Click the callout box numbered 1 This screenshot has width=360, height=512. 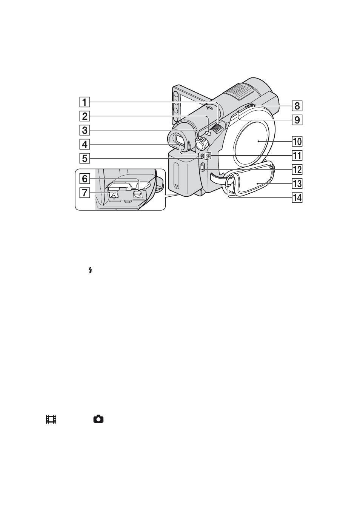85,102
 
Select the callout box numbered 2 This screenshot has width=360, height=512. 85,116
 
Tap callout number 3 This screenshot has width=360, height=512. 85,130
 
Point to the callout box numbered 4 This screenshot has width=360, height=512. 85,144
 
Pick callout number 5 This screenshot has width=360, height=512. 85,158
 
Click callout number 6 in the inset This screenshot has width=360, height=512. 85,179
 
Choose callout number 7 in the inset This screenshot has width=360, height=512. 85,193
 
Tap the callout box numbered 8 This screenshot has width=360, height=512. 297,106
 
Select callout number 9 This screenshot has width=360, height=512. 297,120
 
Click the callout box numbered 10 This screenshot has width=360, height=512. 297,142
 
